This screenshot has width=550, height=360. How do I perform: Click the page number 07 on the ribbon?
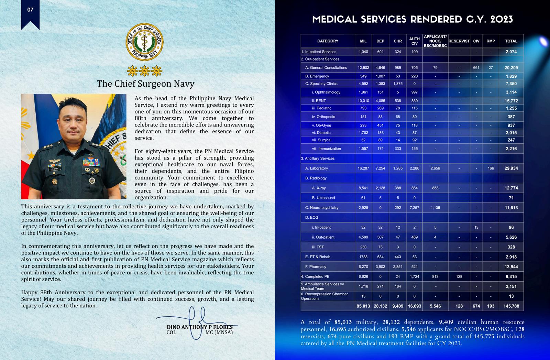click(x=30, y=10)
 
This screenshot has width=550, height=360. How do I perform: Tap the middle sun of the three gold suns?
click(x=145, y=71)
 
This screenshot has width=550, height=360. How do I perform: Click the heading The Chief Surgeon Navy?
click(x=145, y=84)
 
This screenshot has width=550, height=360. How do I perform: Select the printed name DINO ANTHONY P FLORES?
click(x=200, y=327)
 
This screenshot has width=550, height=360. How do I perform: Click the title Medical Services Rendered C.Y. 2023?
click(x=412, y=19)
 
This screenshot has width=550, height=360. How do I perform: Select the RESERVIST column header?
click(x=459, y=41)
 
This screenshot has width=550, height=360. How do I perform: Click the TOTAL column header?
click(x=511, y=41)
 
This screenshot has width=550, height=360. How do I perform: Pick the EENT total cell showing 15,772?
click(x=511, y=101)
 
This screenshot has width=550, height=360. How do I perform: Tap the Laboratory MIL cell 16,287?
click(x=363, y=168)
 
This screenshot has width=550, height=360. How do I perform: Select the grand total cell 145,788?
click(x=511, y=306)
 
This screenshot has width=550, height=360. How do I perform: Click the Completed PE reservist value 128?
click(x=459, y=276)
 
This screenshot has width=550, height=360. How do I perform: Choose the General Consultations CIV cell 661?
click(x=476, y=68)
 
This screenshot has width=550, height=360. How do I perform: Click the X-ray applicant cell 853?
click(x=435, y=188)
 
